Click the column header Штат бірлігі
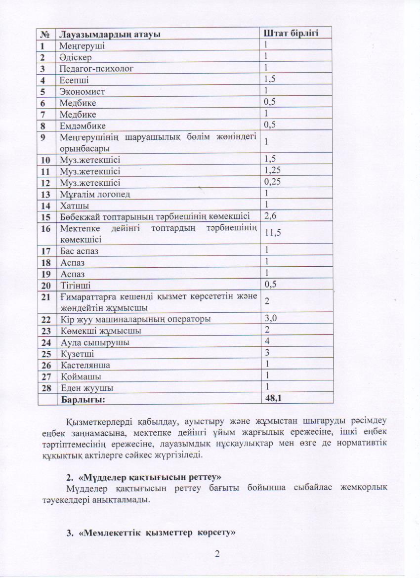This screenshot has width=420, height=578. [x=290, y=33]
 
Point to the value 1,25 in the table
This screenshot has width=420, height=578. [x=273, y=171]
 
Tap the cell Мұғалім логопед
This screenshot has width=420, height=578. [x=95, y=194]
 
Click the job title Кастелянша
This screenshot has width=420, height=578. [x=85, y=365]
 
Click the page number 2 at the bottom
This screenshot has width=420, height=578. [x=217, y=553]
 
